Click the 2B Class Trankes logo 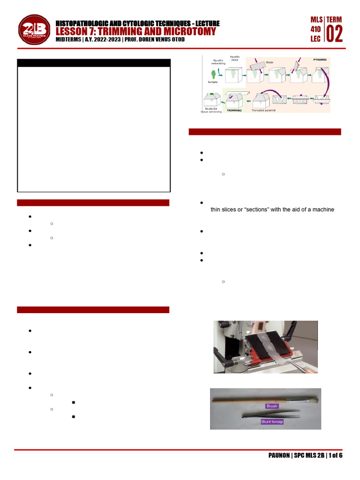(35, 31)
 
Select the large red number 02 (334, 34)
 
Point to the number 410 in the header (316, 30)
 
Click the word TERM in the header (334, 19)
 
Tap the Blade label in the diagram (270, 62)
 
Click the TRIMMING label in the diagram (234, 110)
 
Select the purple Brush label (272, 406)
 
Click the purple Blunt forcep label (272, 421)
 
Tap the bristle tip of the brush (311, 399)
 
